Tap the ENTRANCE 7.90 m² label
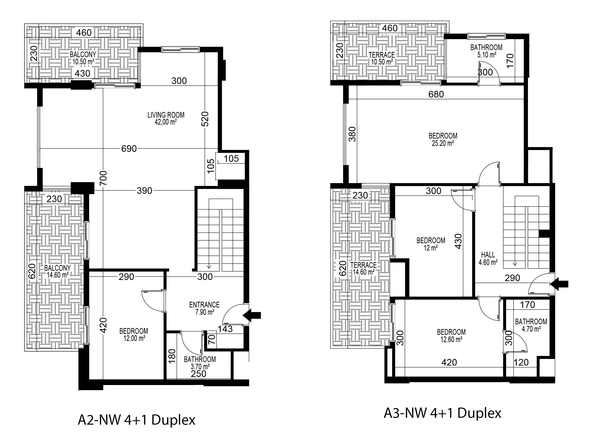point(204,308)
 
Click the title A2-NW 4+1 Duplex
point(136,420)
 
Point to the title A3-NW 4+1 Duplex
point(442,413)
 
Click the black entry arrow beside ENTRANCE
point(252,315)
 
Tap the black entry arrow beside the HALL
point(559,284)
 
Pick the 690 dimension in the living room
point(129,149)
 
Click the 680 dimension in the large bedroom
point(436,94)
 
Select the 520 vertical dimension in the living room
point(205,119)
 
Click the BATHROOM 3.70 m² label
point(200,363)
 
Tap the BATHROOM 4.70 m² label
point(531,325)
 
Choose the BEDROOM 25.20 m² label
point(443,139)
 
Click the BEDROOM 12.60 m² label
point(451,336)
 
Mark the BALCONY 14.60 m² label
point(57,271)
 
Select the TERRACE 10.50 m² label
point(382,58)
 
